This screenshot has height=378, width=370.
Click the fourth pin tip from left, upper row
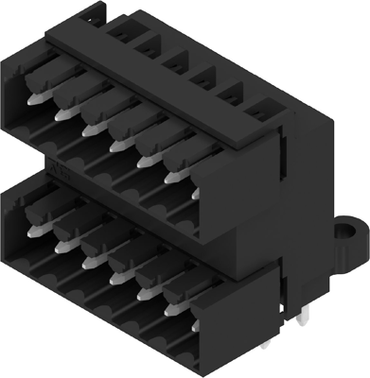coord(115,146)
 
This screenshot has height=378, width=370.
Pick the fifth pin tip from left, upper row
coord(143,162)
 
